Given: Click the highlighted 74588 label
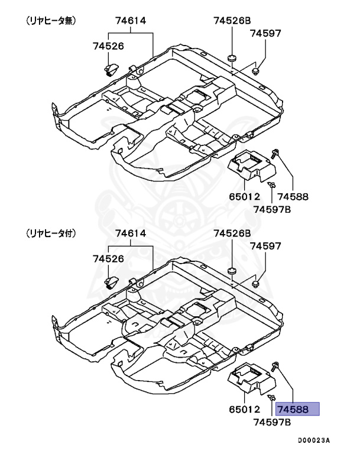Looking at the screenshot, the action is (299, 409).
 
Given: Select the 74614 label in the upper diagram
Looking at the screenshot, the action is (131, 21).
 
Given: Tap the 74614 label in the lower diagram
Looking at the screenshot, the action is (131, 234).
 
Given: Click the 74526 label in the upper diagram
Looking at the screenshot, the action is (108, 45).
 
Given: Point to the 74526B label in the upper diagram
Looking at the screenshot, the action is (232, 21).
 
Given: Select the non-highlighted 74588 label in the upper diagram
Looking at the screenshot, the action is (294, 196).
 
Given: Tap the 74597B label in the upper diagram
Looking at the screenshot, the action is (272, 209).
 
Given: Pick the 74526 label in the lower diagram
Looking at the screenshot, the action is (108, 258).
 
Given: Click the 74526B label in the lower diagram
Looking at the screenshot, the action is (232, 234).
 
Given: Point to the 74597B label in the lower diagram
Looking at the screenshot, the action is (272, 421).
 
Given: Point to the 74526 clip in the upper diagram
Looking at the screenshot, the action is (111, 71).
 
